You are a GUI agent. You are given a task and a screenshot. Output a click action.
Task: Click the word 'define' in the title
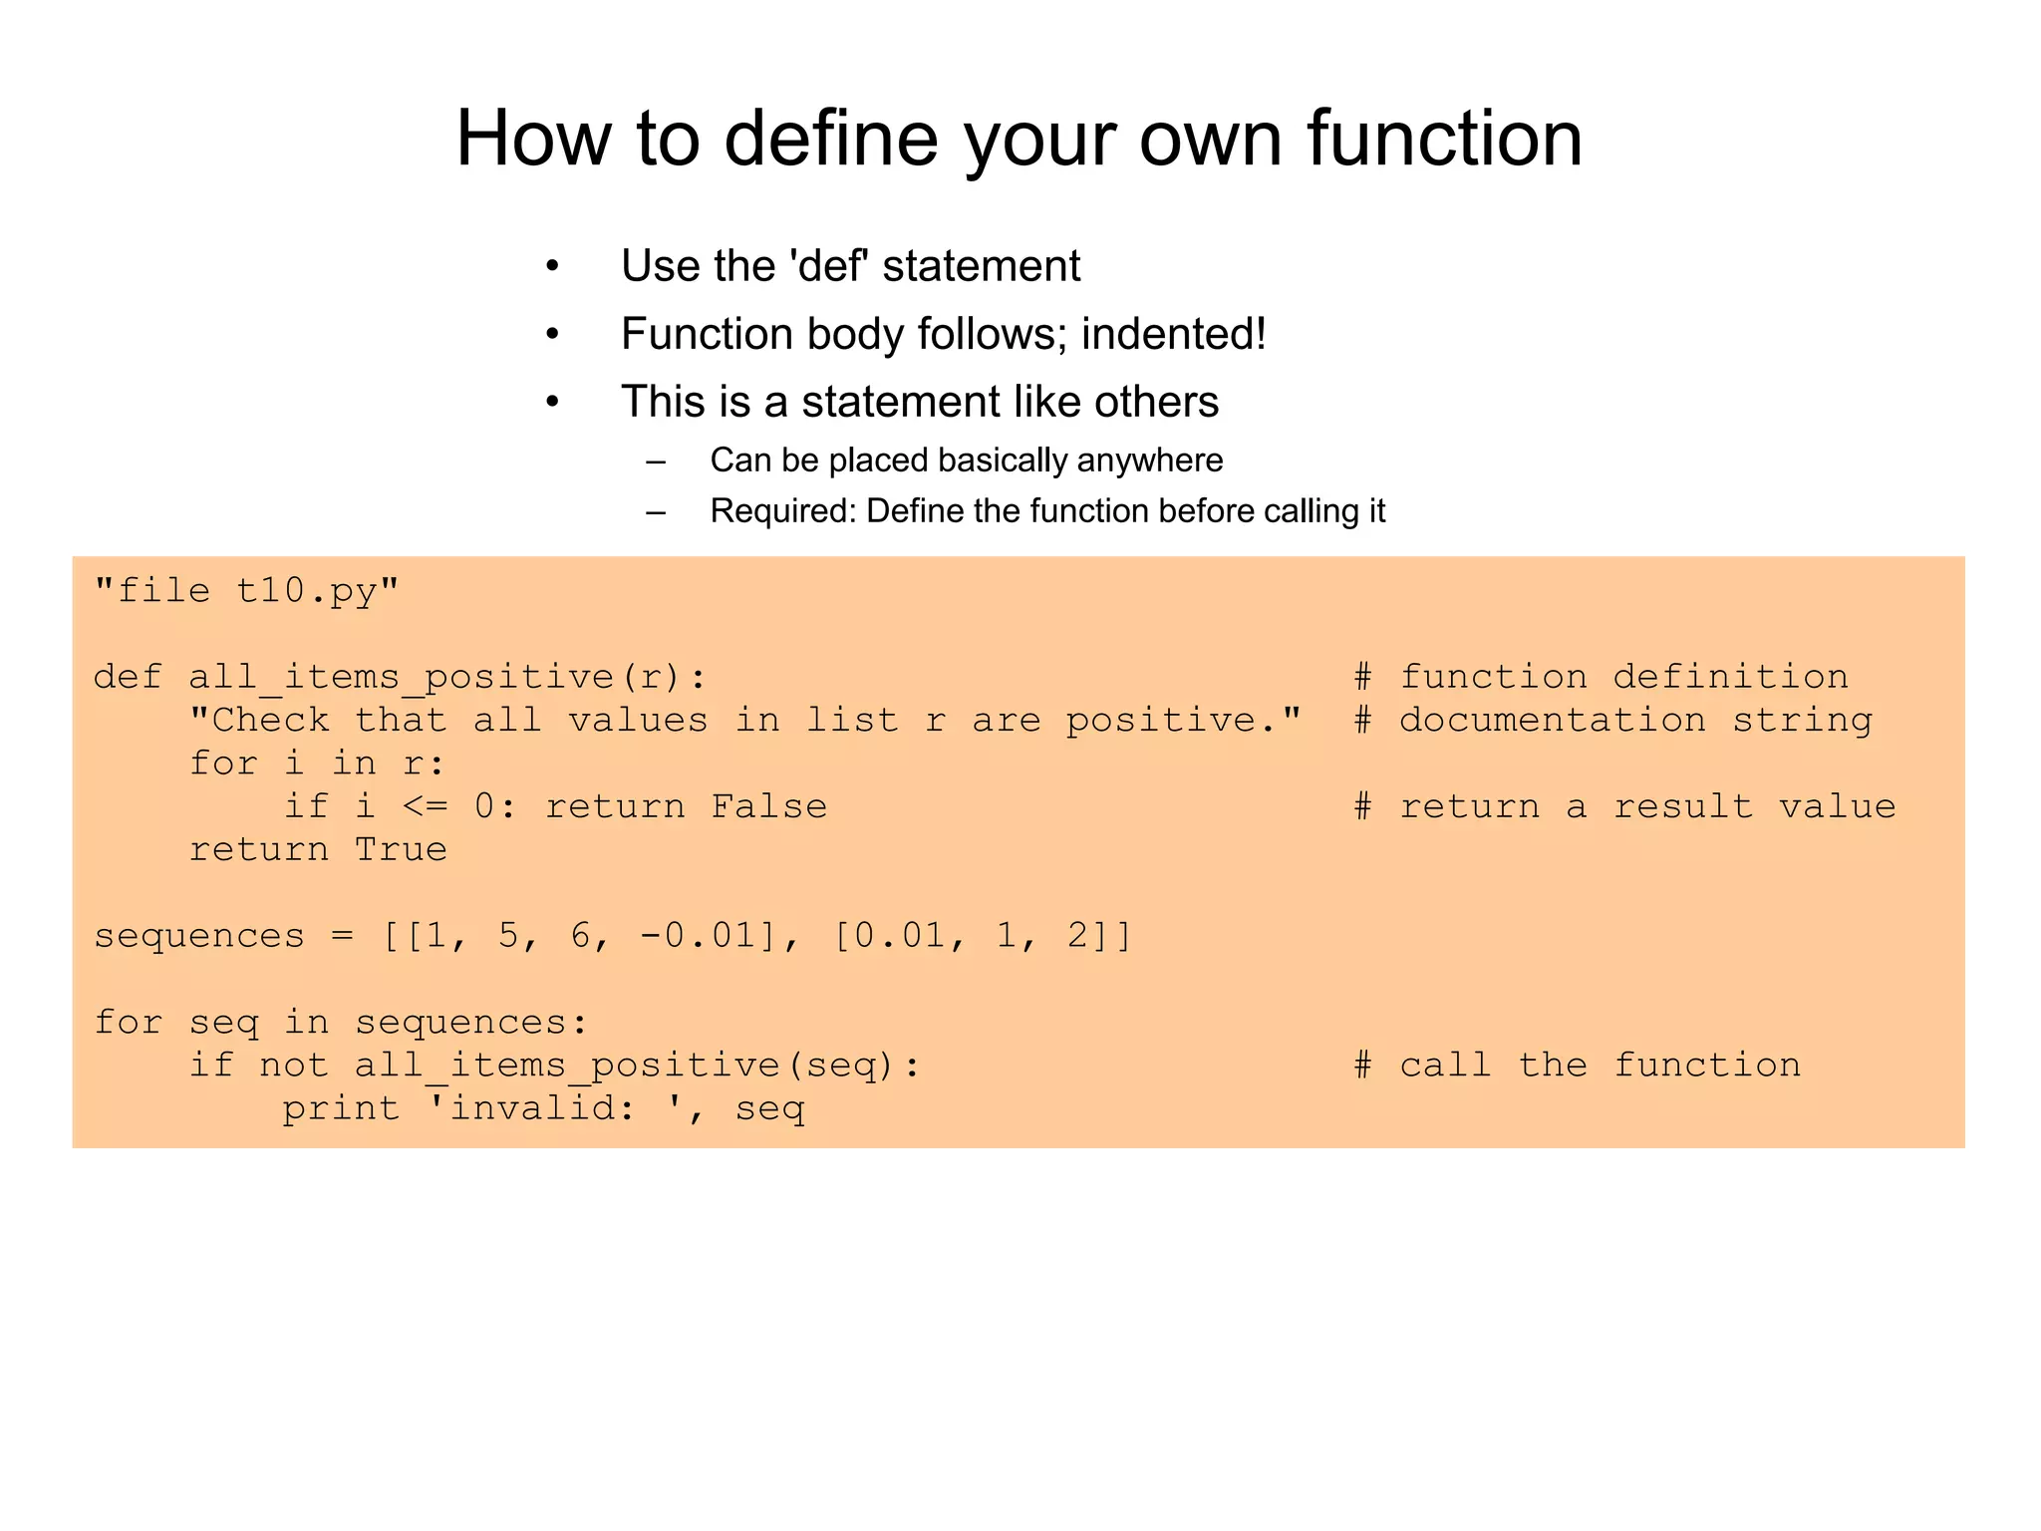(x=830, y=139)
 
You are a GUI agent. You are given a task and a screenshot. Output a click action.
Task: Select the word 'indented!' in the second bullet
(x=1173, y=334)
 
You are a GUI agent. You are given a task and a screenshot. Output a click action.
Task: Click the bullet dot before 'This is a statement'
(x=552, y=403)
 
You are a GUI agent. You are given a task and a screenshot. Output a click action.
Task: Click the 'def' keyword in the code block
(x=128, y=678)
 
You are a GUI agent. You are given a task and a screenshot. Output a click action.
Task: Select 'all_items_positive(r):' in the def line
(x=447, y=678)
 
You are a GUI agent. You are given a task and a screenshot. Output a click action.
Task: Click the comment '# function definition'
(x=1601, y=678)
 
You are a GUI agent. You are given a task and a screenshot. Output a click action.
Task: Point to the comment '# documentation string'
(x=1612, y=721)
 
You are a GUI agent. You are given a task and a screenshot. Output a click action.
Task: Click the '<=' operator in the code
(x=425, y=806)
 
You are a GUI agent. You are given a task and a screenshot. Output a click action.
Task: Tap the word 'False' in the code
(x=768, y=806)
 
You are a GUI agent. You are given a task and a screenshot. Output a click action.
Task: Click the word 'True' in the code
(x=401, y=850)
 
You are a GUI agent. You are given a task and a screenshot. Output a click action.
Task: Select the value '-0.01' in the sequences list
(x=698, y=936)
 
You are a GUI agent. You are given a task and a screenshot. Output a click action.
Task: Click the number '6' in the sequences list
(x=580, y=936)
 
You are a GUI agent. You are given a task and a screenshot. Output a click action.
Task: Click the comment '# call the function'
(x=1577, y=1066)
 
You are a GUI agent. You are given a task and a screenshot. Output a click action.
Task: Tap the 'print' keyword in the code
(x=341, y=1108)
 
